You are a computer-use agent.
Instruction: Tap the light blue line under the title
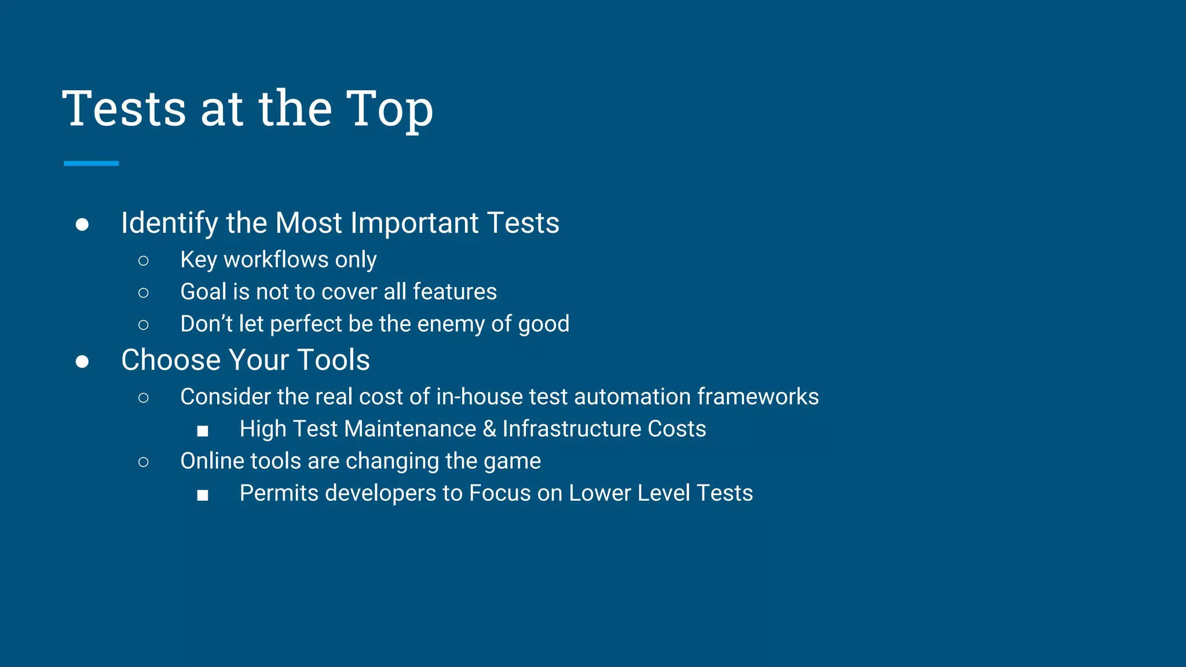(91, 164)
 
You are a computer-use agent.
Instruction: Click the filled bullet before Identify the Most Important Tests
(82, 225)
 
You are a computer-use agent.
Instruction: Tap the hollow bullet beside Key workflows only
(144, 261)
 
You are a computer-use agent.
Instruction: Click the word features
(455, 292)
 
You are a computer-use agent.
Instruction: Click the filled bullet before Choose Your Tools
(82, 362)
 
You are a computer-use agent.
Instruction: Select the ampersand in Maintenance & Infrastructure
(489, 429)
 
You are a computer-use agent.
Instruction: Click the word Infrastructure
(572, 429)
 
